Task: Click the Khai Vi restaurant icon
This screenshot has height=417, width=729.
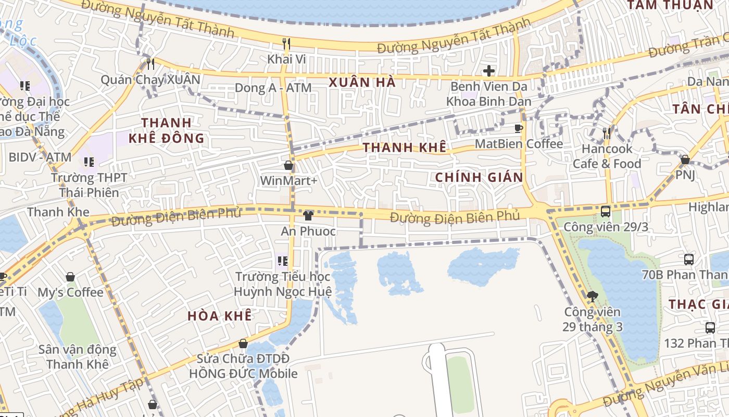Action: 286,43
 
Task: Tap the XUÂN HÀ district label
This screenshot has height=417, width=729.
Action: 362,82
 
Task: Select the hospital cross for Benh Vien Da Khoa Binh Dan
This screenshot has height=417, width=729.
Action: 488,70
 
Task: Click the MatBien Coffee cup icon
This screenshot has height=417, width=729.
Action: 519,128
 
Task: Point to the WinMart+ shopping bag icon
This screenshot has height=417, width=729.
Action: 288,166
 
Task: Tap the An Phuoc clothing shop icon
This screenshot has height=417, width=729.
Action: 308,215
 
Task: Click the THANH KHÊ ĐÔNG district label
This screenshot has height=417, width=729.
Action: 167,130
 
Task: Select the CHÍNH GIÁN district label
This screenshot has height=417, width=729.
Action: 479,177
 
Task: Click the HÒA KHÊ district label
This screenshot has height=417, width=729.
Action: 219,316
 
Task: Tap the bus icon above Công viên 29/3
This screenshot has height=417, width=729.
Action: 606,211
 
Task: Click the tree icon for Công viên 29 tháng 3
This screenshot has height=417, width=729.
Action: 592,297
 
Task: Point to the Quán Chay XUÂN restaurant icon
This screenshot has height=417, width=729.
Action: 150,64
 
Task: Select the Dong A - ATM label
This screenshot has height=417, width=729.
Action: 273,88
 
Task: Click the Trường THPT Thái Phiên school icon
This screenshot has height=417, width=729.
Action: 89,162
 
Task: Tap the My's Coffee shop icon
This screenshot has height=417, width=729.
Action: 70,277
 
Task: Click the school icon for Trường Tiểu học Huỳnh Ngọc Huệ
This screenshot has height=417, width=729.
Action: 282,260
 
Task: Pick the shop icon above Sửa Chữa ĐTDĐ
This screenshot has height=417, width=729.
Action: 243,344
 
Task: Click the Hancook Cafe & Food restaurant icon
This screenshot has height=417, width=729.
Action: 607,133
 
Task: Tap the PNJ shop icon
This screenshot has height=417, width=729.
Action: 685,160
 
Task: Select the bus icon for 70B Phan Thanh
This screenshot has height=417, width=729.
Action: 688,259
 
